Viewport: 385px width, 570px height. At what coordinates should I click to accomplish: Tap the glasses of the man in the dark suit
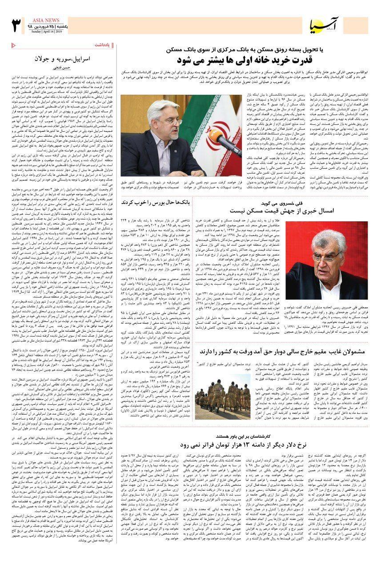coord(170,120)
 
